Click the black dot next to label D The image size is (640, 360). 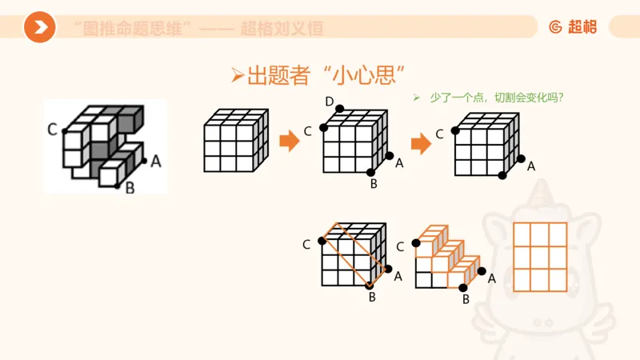coord(340,109)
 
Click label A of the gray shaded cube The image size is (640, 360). coord(156,161)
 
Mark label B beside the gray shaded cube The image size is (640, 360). coord(130,190)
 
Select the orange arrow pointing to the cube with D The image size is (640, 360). coord(289,142)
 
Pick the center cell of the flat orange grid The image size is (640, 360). coord(539,257)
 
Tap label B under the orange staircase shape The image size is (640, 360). coord(466,299)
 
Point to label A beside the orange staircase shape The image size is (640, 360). coord(492,278)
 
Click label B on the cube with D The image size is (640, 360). coord(373,184)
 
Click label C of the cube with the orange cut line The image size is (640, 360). coord(306,244)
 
